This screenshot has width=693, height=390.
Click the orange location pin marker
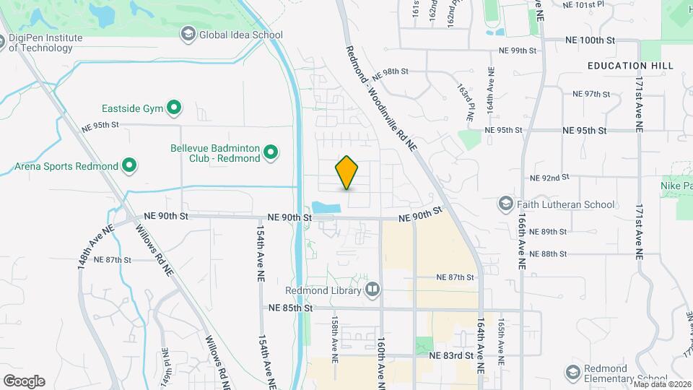pyautogui.click(x=346, y=173)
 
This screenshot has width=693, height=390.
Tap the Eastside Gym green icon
pyautogui.click(x=174, y=108)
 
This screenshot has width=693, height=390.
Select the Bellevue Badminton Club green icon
pyautogui.click(x=271, y=152)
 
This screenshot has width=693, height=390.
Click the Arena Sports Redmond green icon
pyautogui.click(x=129, y=166)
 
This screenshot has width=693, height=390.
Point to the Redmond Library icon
pyautogui.click(x=372, y=290)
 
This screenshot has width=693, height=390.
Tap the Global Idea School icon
pyautogui.click(x=188, y=33)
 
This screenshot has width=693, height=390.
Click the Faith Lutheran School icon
pyautogui.click(x=505, y=204)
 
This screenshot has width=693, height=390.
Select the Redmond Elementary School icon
pyautogui.click(x=573, y=372)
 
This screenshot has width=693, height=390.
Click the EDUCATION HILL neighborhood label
pyautogui.click(x=630, y=66)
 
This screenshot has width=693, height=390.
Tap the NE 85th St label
pyautogui.click(x=290, y=308)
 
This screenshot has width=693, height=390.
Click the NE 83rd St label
pyautogui.click(x=451, y=355)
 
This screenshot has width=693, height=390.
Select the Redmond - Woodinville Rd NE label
pyautogui.click(x=382, y=98)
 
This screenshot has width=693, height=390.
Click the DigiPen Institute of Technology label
pyautogui.click(x=45, y=43)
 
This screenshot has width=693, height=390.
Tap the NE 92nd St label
pyautogui.click(x=550, y=177)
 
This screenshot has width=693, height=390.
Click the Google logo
pyautogui.click(x=24, y=381)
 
